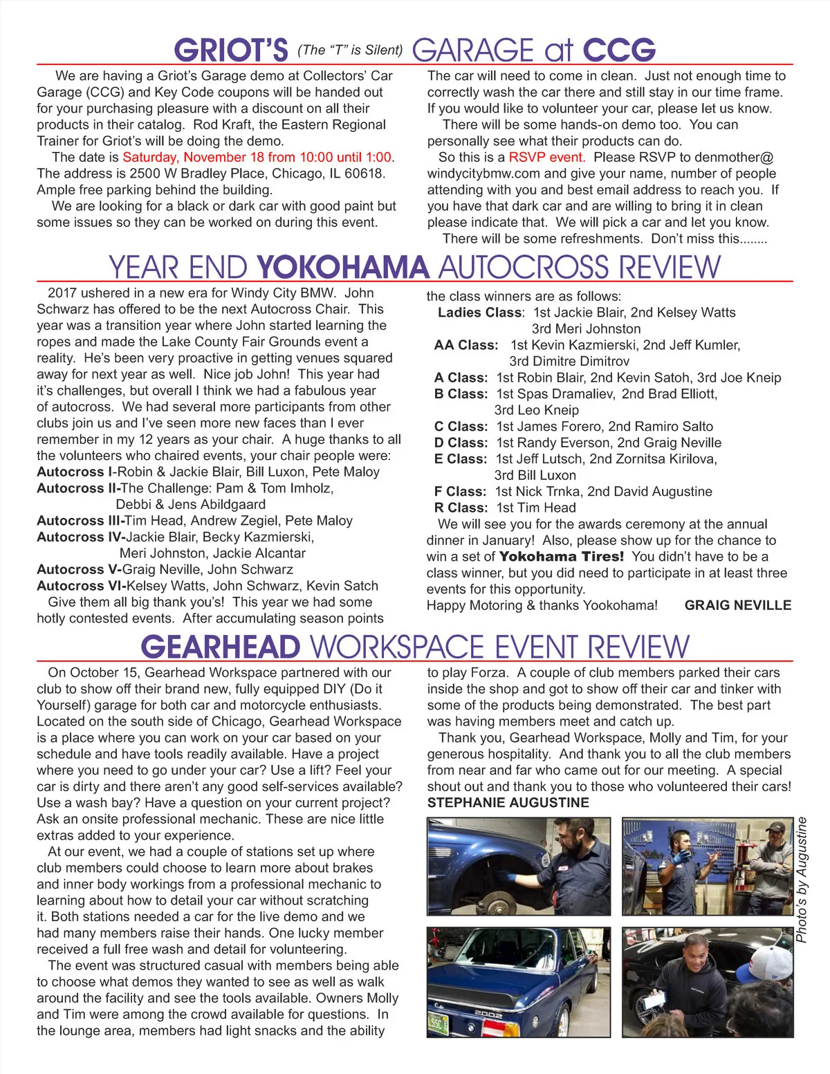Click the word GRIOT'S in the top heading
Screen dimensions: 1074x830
(x=231, y=50)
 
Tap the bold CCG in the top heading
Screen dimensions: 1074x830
(x=618, y=50)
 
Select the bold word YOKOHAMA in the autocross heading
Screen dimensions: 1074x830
(x=343, y=268)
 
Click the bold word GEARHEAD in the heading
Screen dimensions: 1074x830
(x=221, y=647)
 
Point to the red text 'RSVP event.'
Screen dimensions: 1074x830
(x=546, y=157)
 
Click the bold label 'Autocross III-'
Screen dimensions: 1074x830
(x=80, y=521)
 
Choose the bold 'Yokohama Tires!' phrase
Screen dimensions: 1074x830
(x=561, y=557)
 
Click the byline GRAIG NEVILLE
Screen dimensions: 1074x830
(x=737, y=605)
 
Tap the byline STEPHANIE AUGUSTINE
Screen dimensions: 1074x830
(x=508, y=803)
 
